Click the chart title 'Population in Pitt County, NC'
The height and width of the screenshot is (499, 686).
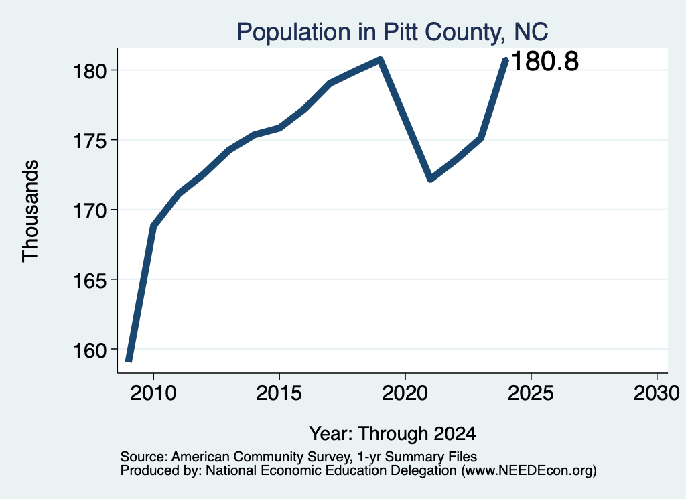[x=393, y=32]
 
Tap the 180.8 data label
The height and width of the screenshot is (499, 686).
[x=545, y=61]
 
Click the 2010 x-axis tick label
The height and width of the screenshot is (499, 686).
[x=153, y=393]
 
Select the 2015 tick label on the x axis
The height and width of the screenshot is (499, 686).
[x=279, y=393]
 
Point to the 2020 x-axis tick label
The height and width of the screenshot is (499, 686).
[x=405, y=393]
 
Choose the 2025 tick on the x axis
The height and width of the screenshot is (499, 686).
[x=531, y=393]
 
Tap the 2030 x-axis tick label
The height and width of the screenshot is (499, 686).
[x=657, y=393]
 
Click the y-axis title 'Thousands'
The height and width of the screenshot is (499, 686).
[x=31, y=211]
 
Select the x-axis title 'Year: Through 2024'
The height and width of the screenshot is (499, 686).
[x=393, y=434]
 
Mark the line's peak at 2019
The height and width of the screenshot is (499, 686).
[x=381, y=60]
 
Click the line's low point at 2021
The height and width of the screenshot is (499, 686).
[x=431, y=179]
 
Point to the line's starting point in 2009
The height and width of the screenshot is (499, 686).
[x=129, y=361]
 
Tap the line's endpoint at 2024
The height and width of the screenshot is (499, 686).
[x=506, y=60]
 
